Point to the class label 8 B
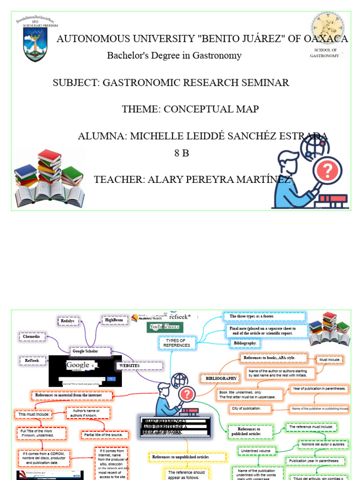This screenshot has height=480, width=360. tap(181, 153)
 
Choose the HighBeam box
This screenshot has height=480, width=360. tap(114, 320)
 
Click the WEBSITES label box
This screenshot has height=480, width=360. tap(140, 365)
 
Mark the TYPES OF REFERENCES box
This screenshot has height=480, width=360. tap(177, 343)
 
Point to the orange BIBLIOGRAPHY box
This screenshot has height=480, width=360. tap(219, 378)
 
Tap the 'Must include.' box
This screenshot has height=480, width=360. tap(330, 360)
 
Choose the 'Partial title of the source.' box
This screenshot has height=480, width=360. tap(104, 435)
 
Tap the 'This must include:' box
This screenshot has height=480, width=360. tap(35, 414)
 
